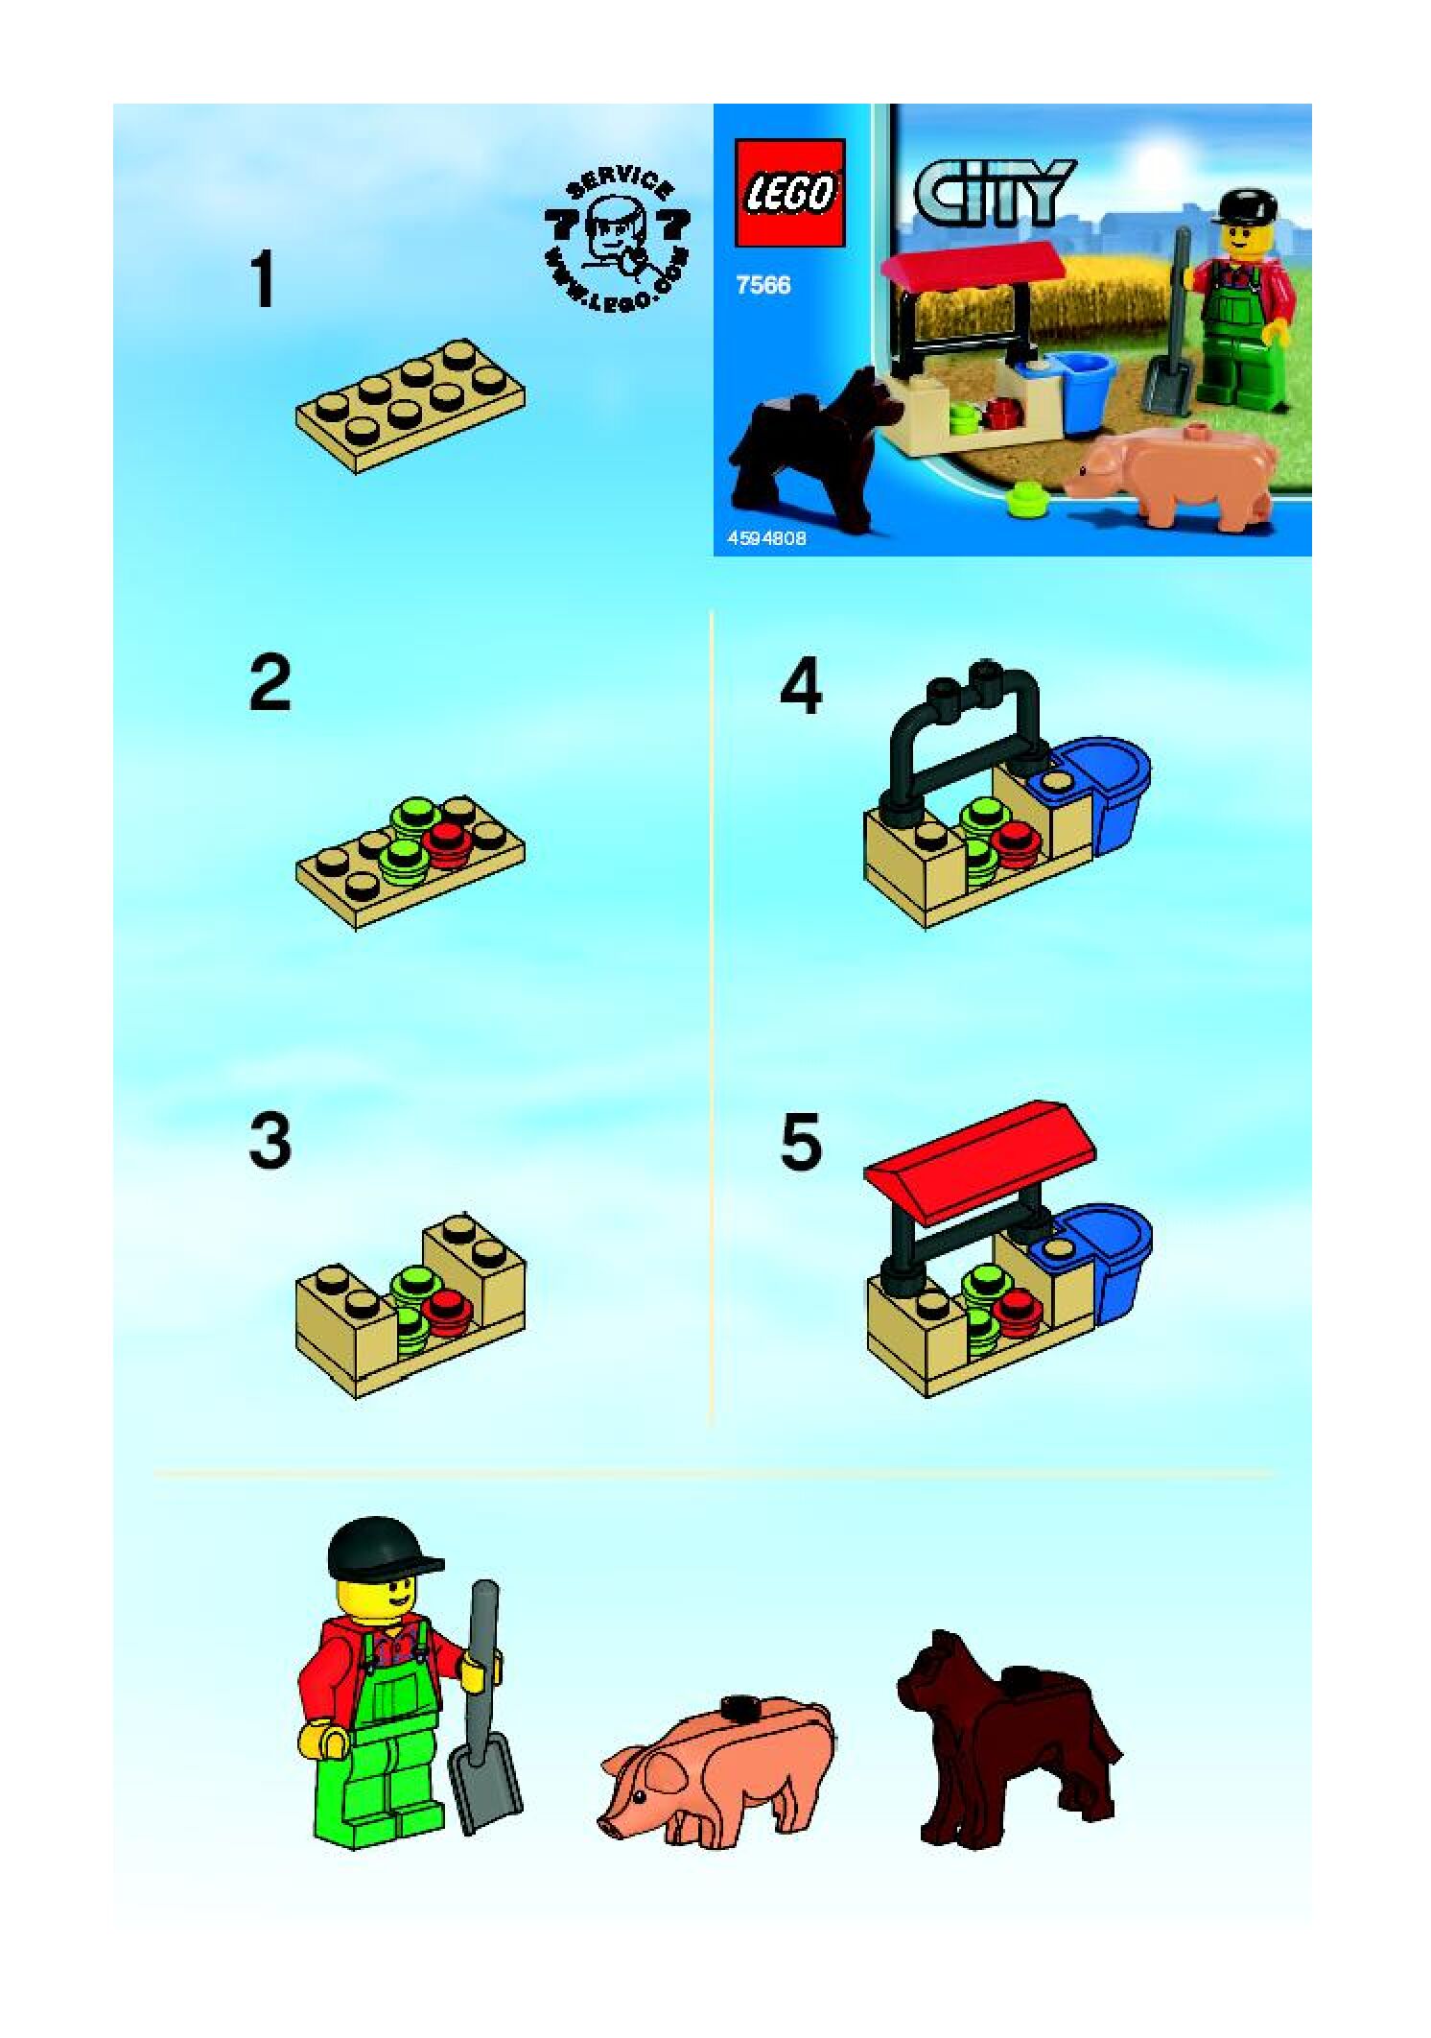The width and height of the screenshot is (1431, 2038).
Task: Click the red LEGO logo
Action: [789, 193]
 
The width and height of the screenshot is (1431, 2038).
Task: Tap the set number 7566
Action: [763, 285]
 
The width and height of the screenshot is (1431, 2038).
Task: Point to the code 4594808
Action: [766, 538]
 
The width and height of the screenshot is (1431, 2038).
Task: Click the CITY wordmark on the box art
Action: [994, 192]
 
